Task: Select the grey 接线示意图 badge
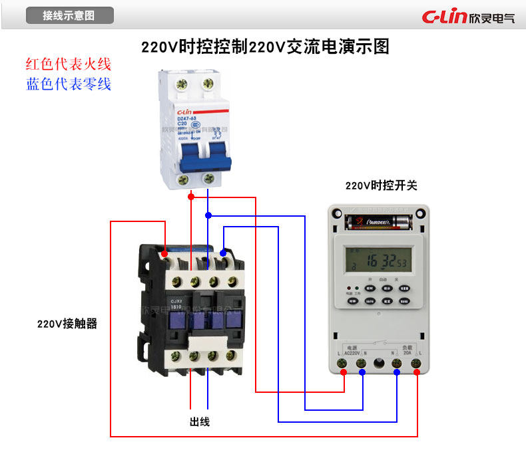69,15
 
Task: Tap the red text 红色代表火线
69,64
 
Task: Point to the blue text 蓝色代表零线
69,84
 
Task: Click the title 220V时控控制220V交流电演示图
265,47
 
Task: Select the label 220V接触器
67,324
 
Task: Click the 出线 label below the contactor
200,421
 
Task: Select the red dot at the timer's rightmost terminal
417,372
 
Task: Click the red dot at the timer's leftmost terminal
344,372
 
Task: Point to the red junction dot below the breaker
191,197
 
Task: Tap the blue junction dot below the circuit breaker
208,215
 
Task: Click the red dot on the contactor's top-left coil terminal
164,253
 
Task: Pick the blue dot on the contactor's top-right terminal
223,253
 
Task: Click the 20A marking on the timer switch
407,354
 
